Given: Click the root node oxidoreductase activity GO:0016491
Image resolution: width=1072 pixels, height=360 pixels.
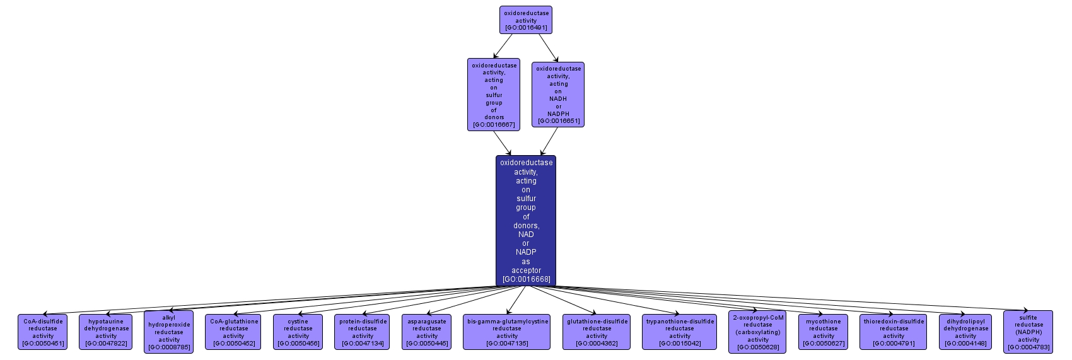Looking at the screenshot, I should pos(525,20).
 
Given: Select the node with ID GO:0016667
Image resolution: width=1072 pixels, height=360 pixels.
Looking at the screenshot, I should pos(494,95).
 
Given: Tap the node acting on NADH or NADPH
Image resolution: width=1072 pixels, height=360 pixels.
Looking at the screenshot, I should pos(558,95).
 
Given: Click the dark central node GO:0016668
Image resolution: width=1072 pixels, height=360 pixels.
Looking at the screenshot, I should pos(526,220).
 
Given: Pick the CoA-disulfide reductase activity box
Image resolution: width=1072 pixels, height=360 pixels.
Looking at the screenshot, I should pos(43,332).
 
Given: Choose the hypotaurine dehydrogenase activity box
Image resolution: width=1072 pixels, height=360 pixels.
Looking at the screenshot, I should pos(106,332).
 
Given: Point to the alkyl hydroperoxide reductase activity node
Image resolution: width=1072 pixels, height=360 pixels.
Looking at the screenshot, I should pos(169,332).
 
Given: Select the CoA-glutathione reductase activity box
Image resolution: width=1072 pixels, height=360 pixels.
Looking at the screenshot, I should pos(233,332).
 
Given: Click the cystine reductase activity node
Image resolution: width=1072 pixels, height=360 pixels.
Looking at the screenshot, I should pos(298,332).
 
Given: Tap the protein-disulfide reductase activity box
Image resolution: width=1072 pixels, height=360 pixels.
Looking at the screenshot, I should pos(363,332).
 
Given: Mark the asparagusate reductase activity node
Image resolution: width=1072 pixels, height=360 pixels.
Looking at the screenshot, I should pos(427,332).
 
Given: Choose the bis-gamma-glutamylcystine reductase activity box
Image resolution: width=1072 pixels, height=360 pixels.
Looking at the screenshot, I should pos(507,332).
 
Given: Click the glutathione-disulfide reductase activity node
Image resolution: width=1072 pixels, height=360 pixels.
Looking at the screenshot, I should pos(597,332).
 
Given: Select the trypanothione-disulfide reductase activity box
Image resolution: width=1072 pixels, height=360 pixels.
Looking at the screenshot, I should pos(680,332).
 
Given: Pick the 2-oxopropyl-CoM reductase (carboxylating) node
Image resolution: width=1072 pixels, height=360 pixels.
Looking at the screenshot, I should pos(758,332).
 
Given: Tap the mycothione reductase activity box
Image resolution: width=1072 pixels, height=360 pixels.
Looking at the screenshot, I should pos(824,332).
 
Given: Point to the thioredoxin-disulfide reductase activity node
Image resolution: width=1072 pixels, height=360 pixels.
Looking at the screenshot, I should pos(894,332).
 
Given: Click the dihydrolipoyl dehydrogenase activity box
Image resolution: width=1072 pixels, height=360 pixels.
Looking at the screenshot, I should pos(965,332).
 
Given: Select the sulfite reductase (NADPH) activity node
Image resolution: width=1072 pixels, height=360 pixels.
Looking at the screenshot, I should pos(1028,332).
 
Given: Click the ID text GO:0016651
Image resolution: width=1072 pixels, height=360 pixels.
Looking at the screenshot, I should pos(558,121).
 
